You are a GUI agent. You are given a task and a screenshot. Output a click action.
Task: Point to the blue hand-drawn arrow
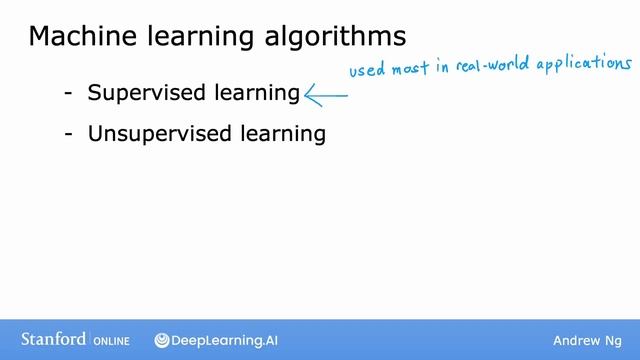[326, 95]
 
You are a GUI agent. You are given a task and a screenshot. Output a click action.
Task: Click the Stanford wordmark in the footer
[53, 340]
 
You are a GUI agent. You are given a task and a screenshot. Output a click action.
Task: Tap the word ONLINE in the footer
[112, 341]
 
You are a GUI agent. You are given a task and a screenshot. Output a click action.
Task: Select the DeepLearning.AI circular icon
[162, 341]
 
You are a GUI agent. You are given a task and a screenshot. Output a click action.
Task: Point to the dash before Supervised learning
[68, 94]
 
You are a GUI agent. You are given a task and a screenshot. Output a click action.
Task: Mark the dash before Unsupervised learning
[68, 134]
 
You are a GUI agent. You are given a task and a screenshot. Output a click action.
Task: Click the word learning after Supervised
[260, 95]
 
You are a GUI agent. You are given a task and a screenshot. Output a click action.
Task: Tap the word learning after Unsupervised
[286, 135]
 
